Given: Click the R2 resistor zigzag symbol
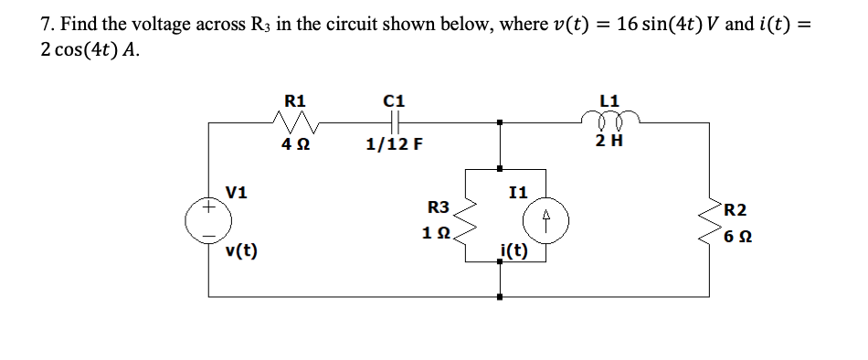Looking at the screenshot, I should (708, 220).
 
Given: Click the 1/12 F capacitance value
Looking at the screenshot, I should (394, 143).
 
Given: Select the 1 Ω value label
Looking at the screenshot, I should (437, 233).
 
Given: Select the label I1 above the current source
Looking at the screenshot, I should (518, 192).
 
